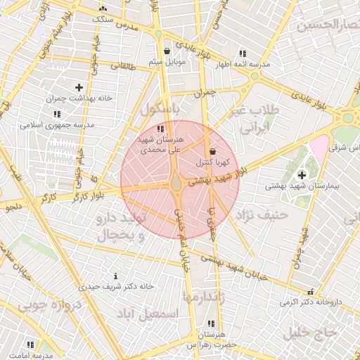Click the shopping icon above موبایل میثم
[x=167, y=51]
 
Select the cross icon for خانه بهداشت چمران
[x=79, y=87]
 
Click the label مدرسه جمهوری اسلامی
[x=57, y=124]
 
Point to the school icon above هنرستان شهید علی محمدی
[x=161, y=129]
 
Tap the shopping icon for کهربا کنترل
[x=213, y=152]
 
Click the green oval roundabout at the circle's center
[x=176, y=184]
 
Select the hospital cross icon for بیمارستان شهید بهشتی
[x=302, y=174]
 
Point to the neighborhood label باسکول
[x=160, y=110]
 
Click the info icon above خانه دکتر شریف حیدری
[x=115, y=276]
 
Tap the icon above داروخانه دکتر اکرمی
[x=310, y=292]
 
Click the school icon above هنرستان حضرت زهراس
[x=210, y=324]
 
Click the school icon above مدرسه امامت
[x=30, y=345]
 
